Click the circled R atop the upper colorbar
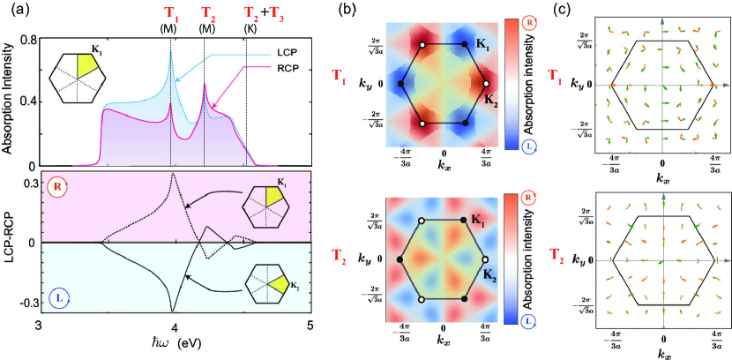[536, 19]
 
